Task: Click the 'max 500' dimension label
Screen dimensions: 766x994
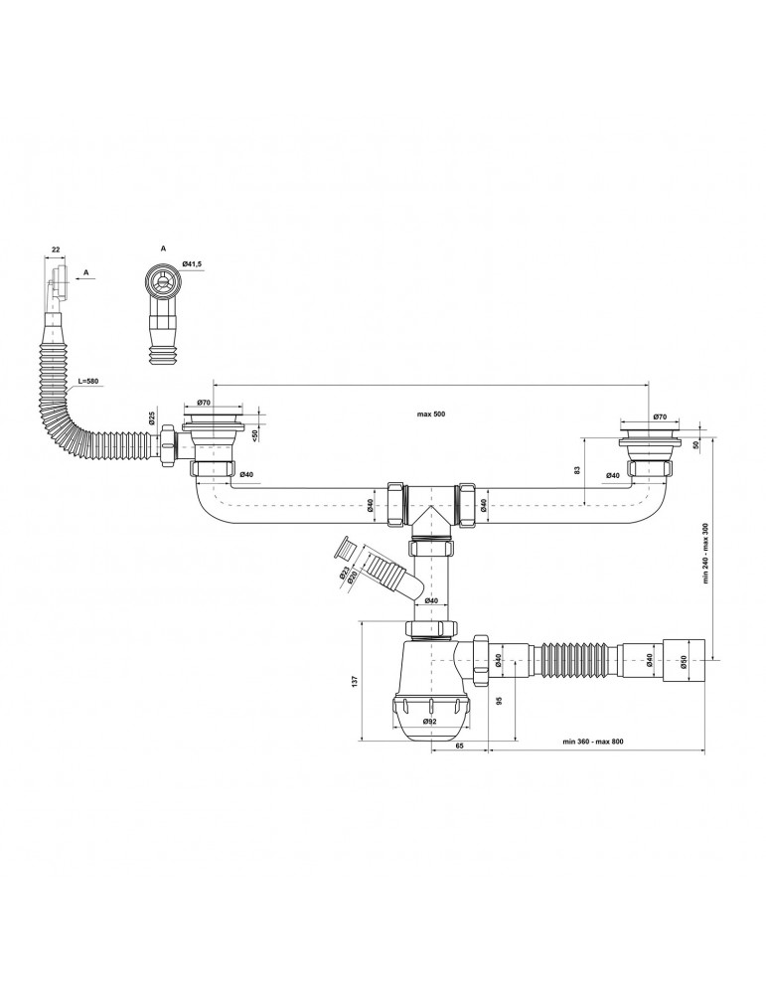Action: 431,414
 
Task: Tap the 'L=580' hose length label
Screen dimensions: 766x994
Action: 88,382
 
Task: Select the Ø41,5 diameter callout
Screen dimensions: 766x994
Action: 192,263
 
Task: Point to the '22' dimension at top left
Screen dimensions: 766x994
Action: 55,249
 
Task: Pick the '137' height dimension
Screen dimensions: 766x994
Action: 355,680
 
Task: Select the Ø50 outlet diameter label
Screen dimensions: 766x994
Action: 685,661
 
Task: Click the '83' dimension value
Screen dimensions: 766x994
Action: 577,470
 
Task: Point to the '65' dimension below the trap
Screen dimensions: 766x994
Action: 460,746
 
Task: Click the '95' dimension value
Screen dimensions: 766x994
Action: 499,701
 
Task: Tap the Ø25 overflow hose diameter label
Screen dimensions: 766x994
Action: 152,418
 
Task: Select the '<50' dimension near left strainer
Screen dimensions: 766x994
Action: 254,435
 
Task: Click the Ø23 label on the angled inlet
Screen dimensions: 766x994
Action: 343,575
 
